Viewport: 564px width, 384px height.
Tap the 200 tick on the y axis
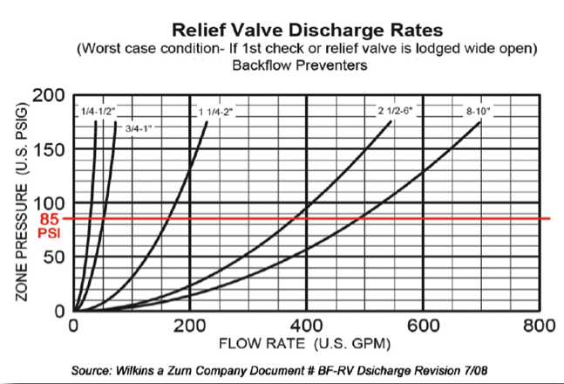(x=50, y=94)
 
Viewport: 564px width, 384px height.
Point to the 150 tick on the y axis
(x=50, y=149)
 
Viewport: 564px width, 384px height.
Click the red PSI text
(x=50, y=235)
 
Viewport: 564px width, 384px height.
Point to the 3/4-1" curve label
(x=139, y=129)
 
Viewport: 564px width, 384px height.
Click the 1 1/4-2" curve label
(x=217, y=113)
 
